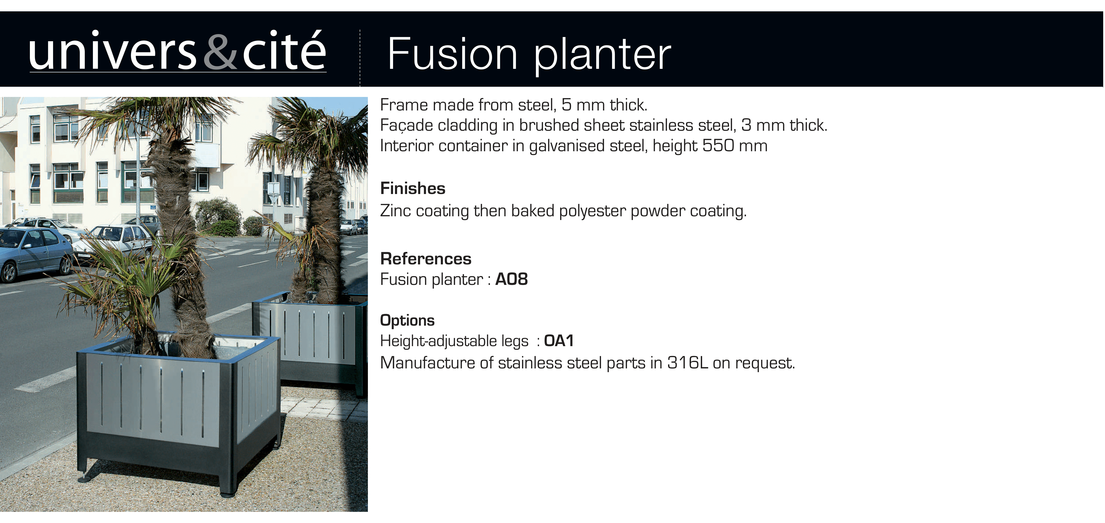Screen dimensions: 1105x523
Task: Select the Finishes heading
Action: [x=413, y=188]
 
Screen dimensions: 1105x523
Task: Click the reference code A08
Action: [x=511, y=279]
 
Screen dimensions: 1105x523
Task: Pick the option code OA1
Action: [x=558, y=341]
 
